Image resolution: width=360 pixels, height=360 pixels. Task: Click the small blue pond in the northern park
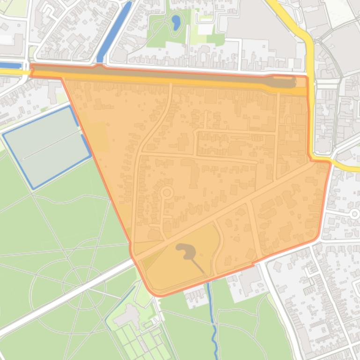(x=176, y=22)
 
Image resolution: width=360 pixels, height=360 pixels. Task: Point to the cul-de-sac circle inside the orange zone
(x=166, y=193)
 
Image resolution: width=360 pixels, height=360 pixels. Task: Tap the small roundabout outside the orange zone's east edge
(x=354, y=214)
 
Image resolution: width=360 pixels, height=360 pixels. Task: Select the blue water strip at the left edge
(x=9, y=65)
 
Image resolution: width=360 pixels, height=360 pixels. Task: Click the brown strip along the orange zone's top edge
(x=164, y=75)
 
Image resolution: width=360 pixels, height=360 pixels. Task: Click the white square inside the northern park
(x=205, y=29)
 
